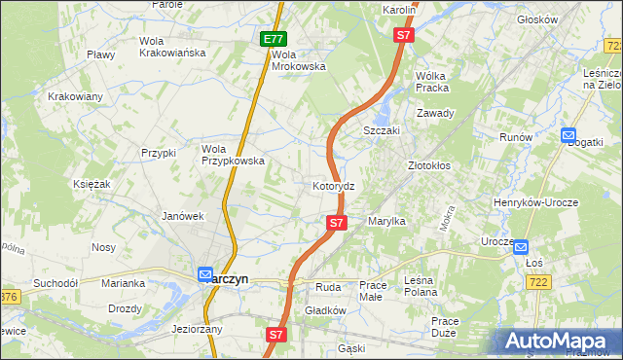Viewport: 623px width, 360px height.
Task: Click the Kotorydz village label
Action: click(x=340, y=185)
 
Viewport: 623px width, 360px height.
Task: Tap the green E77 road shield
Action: click(x=274, y=39)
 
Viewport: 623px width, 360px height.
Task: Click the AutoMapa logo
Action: click(x=560, y=341)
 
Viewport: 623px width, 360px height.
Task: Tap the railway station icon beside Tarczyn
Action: click(x=205, y=275)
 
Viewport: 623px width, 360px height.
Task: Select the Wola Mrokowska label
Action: click(x=298, y=60)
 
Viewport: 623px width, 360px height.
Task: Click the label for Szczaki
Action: click(x=382, y=130)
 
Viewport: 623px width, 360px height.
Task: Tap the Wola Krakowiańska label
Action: click(x=172, y=47)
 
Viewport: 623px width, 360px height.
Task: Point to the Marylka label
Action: click(x=386, y=222)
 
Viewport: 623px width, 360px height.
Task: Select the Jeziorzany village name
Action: click(x=198, y=329)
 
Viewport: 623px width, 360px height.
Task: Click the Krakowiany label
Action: click(x=76, y=96)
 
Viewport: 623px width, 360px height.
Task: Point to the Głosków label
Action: click(x=565, y=19)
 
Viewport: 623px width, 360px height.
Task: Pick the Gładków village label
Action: click(x=326, y=310)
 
